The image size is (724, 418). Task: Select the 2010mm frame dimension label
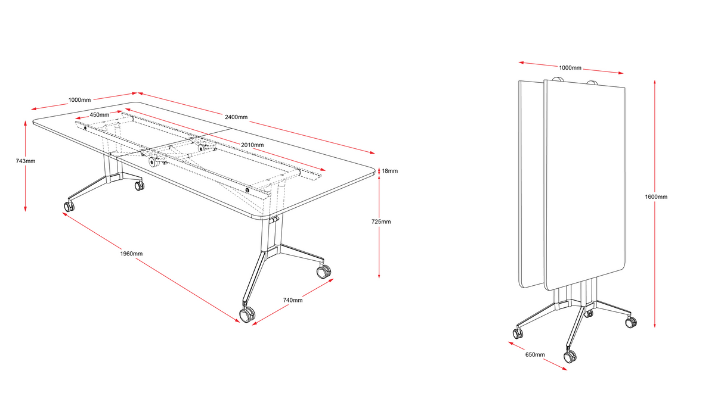point(252,145)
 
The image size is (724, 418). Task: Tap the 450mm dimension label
point(100,114)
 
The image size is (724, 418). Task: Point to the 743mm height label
point(26,161)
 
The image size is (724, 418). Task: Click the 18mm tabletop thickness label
point(389,171)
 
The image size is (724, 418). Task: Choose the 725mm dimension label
point(381,222)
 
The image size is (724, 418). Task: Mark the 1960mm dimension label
point(131,254)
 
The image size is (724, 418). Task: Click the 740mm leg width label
point(293,300)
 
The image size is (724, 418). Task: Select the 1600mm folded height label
point(656,196)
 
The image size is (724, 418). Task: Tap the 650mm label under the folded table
point(534,355)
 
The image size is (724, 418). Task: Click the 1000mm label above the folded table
point(570,68)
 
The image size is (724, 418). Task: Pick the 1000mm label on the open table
point(80,100)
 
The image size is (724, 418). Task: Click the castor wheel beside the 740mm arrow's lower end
point(246,315)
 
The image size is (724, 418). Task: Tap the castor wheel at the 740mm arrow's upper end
point(323,272)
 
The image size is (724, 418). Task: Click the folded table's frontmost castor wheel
point(570,356)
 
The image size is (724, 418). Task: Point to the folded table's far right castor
point(630,323)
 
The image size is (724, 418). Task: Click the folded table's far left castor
point(518,333)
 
